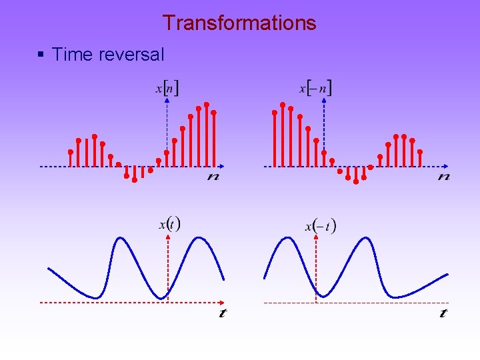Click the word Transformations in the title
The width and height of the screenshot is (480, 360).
239,23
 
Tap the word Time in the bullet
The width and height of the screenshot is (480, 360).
71,55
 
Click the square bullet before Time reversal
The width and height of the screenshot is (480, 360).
42,55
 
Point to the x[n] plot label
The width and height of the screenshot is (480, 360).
167,88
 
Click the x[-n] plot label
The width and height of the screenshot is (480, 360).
315,88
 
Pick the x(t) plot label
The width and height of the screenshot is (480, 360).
169,224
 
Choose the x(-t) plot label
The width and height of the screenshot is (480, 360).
321,226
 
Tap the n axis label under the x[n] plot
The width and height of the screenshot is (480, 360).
213,177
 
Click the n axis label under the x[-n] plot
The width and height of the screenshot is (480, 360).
443,177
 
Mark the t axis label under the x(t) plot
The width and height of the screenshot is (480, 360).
222,313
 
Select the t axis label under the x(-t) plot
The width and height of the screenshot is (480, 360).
443,313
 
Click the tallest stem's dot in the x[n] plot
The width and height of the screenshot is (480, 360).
207,104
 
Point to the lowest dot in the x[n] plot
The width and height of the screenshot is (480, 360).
135,180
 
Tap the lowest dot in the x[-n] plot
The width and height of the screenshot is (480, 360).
356,181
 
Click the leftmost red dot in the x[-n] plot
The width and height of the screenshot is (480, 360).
275,113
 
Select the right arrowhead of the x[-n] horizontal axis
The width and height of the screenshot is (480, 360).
445,166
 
